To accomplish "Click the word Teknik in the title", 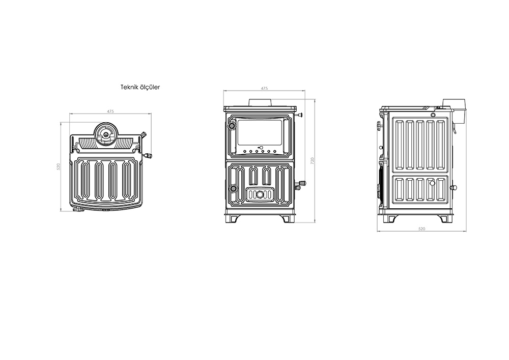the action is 129,87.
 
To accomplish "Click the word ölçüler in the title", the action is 149,87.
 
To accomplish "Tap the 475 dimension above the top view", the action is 110,112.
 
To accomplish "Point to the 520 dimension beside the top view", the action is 59,167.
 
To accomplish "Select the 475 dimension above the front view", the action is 264,88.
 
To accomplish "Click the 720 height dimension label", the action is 313,160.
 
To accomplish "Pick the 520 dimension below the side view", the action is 421,229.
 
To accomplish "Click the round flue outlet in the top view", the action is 106,134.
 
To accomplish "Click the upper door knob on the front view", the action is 232,126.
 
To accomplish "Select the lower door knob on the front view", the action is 233,188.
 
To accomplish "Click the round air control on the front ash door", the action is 260,195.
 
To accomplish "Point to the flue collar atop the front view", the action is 261,102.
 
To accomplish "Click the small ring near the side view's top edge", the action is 433,115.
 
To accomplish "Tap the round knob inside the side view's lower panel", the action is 432,183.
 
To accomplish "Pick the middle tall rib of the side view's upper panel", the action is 420,145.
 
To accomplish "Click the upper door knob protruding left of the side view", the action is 379,125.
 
